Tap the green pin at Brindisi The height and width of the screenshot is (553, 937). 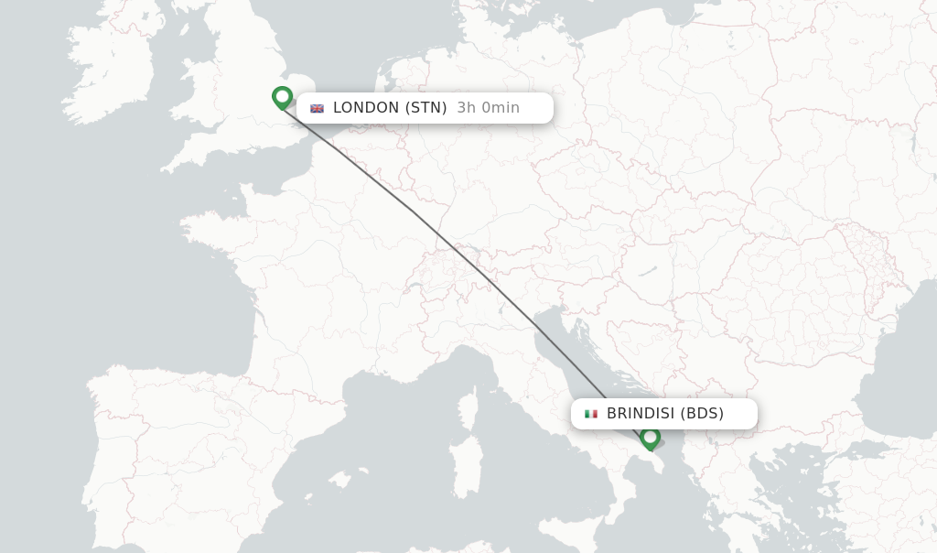pos(650,439)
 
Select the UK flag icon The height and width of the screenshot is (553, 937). pos(318,108)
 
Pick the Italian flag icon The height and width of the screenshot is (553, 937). pos(591,414)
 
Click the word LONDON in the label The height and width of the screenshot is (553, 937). pos(366,108)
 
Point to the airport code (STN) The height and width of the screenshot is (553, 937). pos(426,108)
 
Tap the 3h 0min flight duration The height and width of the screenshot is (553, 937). pos(488,108)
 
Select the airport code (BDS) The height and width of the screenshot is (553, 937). pos(703,414)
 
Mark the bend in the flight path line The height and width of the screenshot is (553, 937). pos(412,211)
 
